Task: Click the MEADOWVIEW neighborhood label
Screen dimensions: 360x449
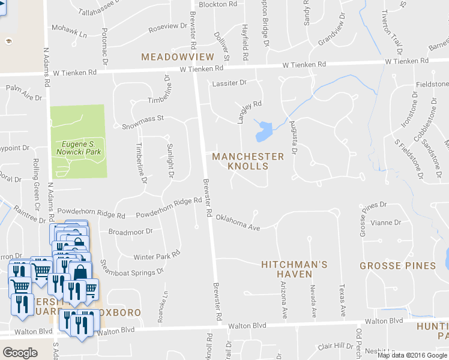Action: click(x=177, y=56)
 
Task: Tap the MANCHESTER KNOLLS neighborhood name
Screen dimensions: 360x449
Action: click(x=249, y=161)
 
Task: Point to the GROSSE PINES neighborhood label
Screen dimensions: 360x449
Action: click(x=397, y=265)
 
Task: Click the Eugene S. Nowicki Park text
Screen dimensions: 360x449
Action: click(x=79, y=148)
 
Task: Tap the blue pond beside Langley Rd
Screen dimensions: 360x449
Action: click(x=263, y=130)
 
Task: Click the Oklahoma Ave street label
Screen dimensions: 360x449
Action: click(x=238, y=222)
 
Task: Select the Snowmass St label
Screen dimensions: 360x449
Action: click(x=143, y=123)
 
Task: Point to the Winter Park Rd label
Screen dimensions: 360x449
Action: click(x=157, y=255)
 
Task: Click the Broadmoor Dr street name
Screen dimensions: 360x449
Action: click(x=130, y=231)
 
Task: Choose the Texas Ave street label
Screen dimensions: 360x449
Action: click(x=342, y=301)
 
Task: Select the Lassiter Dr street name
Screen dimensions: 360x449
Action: click(x=229, y=82)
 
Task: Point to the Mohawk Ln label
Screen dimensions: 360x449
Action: click(x=69, y=31)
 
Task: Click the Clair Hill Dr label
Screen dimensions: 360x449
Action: click(x=336, y=346)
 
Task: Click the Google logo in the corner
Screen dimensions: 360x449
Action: click(x=20, y=353)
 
